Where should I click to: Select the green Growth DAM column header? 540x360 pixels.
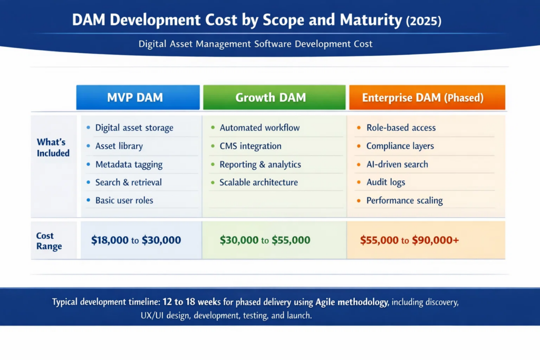tap(274, 98)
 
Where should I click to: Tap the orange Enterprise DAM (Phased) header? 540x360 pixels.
tap(427, 98)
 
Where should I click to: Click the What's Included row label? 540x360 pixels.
tap(53, 148)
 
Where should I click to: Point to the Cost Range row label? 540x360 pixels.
tap(49, 241)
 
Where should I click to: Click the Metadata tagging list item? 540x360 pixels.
tap(129, 164)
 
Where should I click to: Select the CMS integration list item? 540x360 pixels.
tap(250, 146)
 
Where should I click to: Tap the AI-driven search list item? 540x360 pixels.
tap(397, 164)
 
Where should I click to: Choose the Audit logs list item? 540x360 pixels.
tap(385, 182)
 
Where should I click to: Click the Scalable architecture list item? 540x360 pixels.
tap(258, 182)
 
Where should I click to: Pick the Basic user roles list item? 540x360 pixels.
tap(124, 200)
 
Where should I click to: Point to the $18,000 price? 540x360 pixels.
tap(110, 240)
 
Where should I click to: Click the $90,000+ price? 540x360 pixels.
tap(435, 240)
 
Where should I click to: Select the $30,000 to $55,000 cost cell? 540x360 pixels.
tap(265, 240)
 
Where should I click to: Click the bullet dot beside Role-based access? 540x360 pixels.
tap(359, 128)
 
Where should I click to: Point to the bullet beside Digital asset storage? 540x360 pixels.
tap(88, 128)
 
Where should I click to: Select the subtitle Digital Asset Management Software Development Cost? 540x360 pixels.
tap(255, 44)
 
